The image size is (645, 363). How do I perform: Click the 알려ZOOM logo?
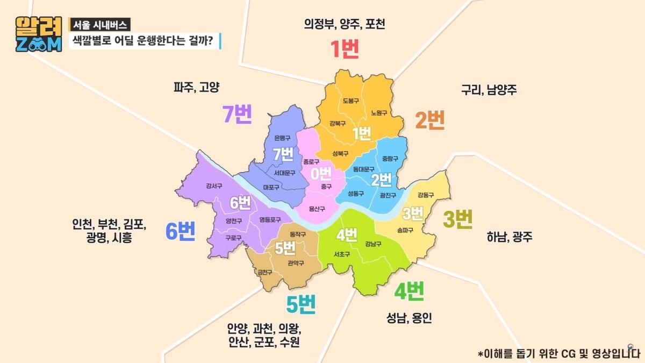pyautogui.click(x=39, y=34)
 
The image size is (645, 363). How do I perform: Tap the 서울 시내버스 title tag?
pyautogui.click(x=99, y=25)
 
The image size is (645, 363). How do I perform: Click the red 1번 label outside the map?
pyautogui.click(x=344, y=49)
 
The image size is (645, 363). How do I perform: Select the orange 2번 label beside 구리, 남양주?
pyautogui.click(x=430, y=120)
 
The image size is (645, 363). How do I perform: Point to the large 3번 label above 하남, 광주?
pyautogui.click(x=457, y=219)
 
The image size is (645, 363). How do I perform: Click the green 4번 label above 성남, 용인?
pyautogui.click(x=410, y=292)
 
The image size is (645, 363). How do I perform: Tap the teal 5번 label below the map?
pyautogui.click(x=301, y=305)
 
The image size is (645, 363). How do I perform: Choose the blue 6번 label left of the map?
pyautogui.click(x=180, y=232)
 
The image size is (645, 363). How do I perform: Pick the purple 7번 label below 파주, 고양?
pyautogui.click(x=237, y=114)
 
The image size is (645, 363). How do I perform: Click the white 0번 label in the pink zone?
pyautogui.click(x=321, y=173)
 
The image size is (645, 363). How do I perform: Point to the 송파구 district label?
pyautogui.click(x=405, y=230)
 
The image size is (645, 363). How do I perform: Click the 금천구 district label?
pyautogui.click(x=265, y=273)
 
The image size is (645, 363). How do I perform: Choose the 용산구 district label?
pyautogui.click(x=317, y=209)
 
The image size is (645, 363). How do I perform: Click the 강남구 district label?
pyautogui.click(x=372, y=244)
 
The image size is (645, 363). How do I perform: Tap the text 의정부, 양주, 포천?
pyautogui.click(x=345, y=24)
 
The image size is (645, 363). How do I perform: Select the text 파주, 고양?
pyautogui.click(x=197, y=87)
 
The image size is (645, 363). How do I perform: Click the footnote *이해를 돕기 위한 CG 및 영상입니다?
pyautogui.click(x=558, y=353)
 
